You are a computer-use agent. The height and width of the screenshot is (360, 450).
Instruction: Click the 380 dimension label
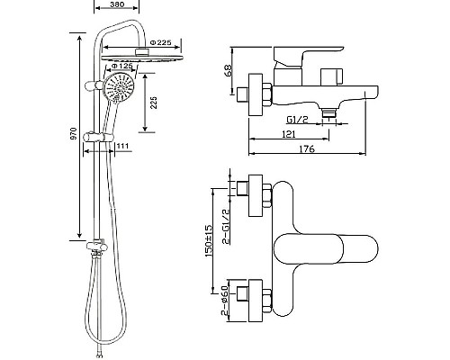coord(117,4)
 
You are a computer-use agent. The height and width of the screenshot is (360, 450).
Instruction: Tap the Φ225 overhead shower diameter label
coord(160,42)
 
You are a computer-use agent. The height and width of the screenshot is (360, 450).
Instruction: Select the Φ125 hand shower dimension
coord(121,66)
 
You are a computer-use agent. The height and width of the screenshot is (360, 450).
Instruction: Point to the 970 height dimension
coord(74,133)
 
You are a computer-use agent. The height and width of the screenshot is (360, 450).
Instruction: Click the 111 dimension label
coord(122,146)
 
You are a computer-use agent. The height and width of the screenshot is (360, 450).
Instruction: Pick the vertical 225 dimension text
coord(153,103)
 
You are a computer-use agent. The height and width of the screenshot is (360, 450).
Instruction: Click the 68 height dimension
coord(229,71)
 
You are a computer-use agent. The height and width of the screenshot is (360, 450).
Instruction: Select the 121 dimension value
coord(289,134)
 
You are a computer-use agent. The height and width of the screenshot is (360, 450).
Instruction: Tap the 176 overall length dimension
coord(307,148)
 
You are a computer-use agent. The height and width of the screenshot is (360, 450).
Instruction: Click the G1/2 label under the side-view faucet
coord(297,120)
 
